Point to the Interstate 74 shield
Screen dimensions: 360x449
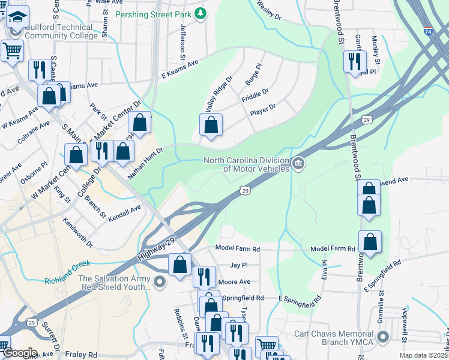[x=427, y=46]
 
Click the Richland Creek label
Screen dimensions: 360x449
[x=67, y=263]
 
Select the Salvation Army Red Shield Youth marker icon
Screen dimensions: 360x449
[x=159, y=282]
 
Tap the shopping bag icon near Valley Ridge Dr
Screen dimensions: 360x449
[x=211, y=125]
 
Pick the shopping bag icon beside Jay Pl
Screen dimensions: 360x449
[x=179, y=264]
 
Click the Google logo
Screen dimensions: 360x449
[x=19, y=353]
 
